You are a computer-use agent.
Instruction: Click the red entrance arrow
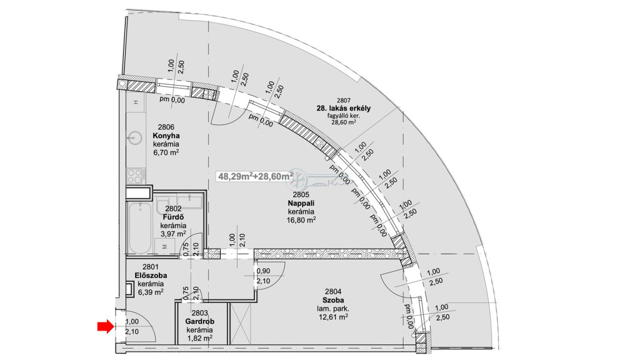pyautogui.click(x=105, y=326)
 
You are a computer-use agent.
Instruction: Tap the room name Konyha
pyautogui.click(x=166, y=136)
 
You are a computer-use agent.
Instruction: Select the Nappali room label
pyautogui.click(x=301, y=203)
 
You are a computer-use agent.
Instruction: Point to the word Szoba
pyautogui.click(x=333, y=301)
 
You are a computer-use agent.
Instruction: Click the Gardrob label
pyautogui.click(x=199, y=322)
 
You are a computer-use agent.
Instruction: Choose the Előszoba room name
pyautogui.click(x=151, y=276)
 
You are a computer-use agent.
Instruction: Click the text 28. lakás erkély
pyautogui.click(x=343, y=108)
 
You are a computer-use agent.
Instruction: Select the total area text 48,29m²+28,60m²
pyautogui.click(x=255, y=176)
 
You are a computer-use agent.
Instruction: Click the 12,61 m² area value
pyautogui.click(x=333, y=317)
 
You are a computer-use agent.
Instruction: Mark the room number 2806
pyautogui.click(x=166, y=127)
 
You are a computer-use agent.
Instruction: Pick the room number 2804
pyautogui.click(x=333, y=292)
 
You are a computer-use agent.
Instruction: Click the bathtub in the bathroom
pyautogui.click(x=139, y=227)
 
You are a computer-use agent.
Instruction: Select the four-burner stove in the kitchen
pyautogui.click(x=136, y=176)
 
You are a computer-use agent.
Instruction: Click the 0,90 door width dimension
pyautogui.click(x=263, y=271)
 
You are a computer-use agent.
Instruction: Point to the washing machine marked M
pyautogui.click(x=165, y=246)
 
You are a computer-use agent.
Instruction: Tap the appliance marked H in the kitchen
pyautogui.click(x=136, y=102)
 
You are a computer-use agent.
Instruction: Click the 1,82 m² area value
pyautogui.click(x=199, y=338)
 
